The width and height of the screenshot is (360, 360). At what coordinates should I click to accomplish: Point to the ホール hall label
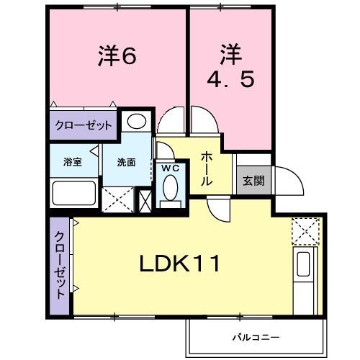[206, 168]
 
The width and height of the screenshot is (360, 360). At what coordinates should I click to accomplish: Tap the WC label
[170, 168]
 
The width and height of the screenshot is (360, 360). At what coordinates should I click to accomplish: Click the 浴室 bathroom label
[72, 162]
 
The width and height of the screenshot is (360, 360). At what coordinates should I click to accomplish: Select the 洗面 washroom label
[127, 162]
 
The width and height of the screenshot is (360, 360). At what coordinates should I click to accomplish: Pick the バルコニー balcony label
[255, 336]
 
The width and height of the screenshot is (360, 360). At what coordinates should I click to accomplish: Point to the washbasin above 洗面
[137, 121]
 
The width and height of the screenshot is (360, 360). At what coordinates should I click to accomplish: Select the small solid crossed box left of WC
[145, 200]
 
